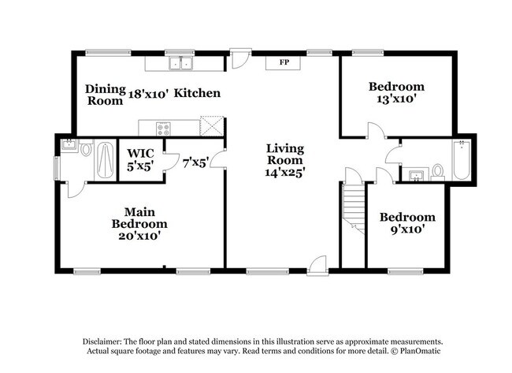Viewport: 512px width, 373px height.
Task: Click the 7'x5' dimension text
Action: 195,163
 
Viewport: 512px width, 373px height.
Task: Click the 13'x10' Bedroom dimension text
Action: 397,100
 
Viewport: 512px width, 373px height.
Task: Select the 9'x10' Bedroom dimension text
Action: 407,230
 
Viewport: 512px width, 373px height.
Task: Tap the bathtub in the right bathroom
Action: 461,160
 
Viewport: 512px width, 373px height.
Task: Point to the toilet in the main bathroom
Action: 86,148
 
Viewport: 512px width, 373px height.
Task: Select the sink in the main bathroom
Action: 68,146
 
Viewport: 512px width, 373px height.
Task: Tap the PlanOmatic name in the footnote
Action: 407,352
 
